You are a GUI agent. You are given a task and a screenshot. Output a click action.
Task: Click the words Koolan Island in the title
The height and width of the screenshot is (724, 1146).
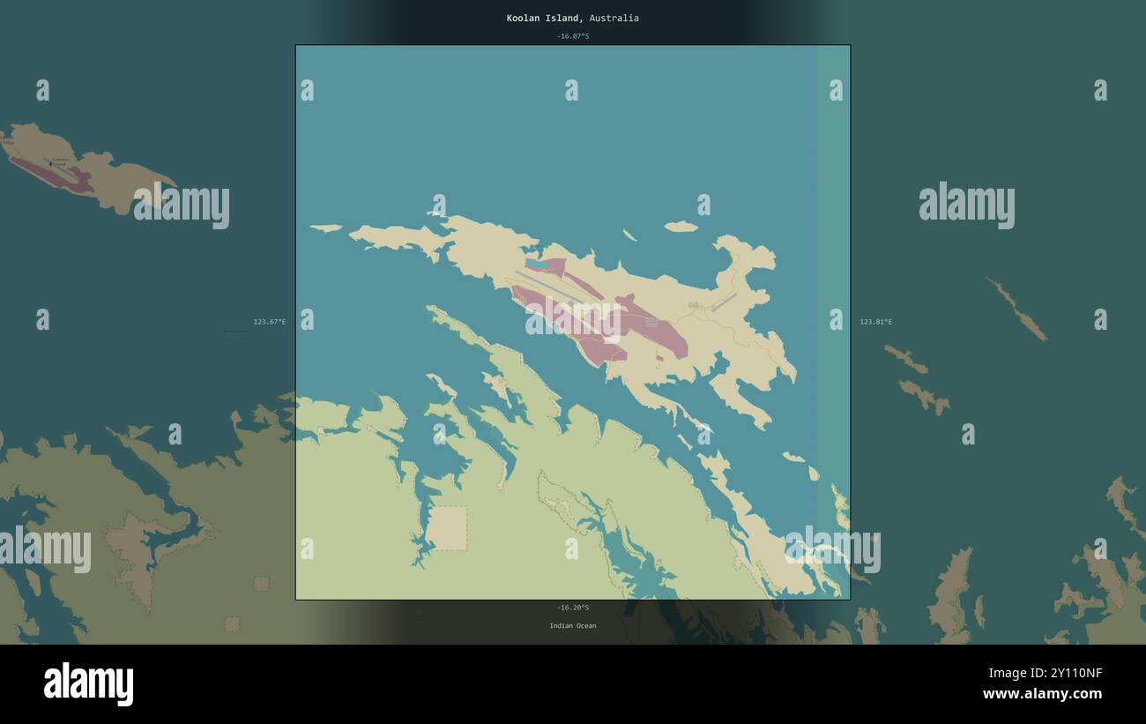click(x=543, y=18)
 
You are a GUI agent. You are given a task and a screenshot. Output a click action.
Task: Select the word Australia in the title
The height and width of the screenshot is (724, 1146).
click(x=614, y=18)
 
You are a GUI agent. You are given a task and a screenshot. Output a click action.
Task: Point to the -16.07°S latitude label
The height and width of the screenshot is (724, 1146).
click(x=572, y=36)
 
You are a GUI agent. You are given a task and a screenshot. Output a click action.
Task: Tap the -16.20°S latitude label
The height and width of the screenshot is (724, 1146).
click(x=572, y=608)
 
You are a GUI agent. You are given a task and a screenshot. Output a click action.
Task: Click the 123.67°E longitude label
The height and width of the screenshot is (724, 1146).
click(x=269, y=322)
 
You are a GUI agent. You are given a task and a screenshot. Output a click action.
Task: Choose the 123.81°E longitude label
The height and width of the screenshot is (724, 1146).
click(x=875, y=322)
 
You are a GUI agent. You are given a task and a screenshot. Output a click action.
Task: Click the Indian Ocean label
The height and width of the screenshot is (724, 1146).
click(x=572, y=626)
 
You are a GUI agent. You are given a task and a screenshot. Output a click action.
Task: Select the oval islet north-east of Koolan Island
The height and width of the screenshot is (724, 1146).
click(x=681, y=227)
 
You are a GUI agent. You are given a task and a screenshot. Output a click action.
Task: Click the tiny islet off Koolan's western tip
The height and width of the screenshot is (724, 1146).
click(x=325, y=228)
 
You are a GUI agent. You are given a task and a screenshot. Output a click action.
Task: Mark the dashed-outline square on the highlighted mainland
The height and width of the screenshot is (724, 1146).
click(x=447, y=528)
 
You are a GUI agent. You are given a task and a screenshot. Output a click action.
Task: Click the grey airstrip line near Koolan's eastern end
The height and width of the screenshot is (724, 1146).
click(x=724, y=302)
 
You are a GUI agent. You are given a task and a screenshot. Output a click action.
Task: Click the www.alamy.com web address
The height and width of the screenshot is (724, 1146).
click(x=1042, y=694)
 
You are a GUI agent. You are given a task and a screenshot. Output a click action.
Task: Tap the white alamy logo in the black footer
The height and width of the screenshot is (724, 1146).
click(x=88, y=684)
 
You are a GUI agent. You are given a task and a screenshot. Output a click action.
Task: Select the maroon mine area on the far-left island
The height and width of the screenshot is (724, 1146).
click(x=53, y=174)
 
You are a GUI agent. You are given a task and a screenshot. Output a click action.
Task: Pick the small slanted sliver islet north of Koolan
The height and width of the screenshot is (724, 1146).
click(x=629, y=235)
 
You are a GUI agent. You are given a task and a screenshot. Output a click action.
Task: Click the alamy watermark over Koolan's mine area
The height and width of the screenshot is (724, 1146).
click(x=573, y=319)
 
